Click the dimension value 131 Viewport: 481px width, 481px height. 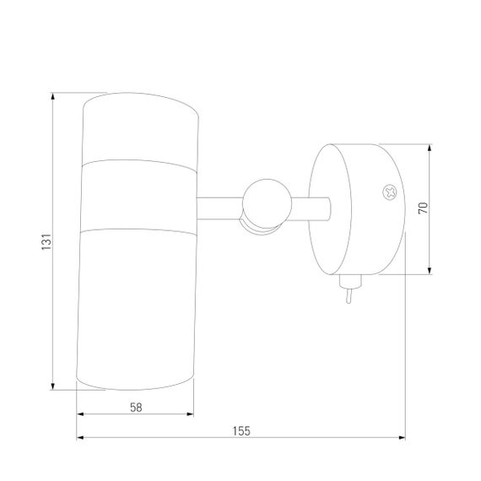tap(46, 241)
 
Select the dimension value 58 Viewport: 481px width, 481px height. tap(136, 408)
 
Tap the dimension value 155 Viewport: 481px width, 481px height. tap(241, 431)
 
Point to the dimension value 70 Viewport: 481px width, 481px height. tap(423, 208)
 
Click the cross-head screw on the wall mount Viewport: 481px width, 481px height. tap(390, 192)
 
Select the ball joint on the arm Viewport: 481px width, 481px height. tap(267, 204)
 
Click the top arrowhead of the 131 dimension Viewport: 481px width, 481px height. tap(53, 96)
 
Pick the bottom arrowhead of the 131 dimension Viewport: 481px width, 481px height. tap(53, 386)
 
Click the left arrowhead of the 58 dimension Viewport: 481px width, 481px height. tap(80, 414)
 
